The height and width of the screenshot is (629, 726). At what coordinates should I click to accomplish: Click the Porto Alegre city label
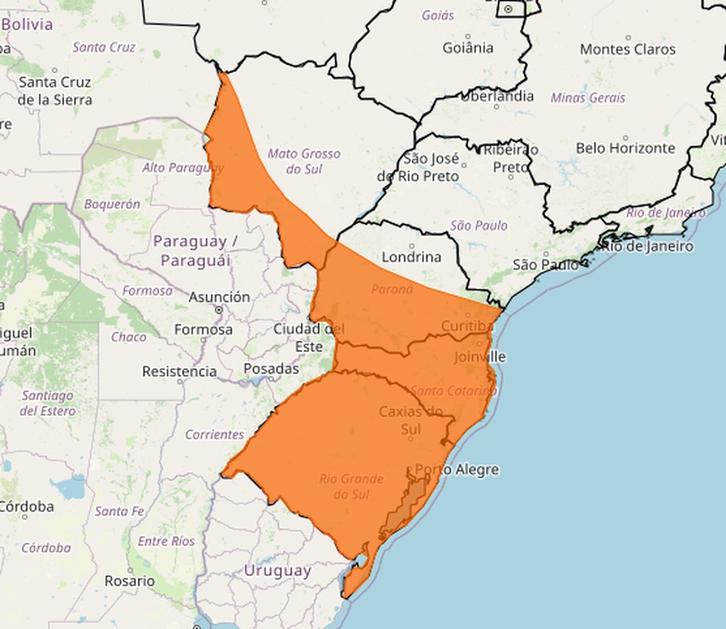(x=457, y=470)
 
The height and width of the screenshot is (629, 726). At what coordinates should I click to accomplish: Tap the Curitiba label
(x=466, y=326)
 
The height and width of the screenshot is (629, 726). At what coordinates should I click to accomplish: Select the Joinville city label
(x=480, y=357)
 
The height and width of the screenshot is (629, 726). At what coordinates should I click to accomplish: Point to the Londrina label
(x=412, y=257)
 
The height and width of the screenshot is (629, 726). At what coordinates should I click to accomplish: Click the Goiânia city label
(x=468, y=48)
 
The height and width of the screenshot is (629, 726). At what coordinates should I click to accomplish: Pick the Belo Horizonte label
(x=626, y=148)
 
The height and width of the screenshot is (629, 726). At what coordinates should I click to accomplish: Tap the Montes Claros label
(x=628, y=49)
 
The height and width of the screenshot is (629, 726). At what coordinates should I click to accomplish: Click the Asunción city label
(x=219, y=297)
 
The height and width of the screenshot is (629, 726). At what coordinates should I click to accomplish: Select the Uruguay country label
(x=277, y=571)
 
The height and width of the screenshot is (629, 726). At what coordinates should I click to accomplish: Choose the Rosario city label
(x=129, y=581)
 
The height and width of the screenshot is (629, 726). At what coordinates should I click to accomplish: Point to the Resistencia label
(x=179, y=372)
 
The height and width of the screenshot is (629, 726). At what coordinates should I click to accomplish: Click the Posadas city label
(x=272, y=368)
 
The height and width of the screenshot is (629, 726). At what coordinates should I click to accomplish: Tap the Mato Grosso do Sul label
(x=304, y=161)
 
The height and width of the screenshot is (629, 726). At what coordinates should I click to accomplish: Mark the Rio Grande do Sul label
(x=351, y=487)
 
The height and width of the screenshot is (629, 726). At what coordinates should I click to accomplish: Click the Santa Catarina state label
(x=454, y=390)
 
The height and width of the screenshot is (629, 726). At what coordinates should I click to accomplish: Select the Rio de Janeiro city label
(x=648, y=246)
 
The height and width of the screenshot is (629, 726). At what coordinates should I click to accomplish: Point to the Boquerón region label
(x=112, y=204)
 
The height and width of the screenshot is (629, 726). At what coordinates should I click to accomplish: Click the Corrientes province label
(x=214, y=434)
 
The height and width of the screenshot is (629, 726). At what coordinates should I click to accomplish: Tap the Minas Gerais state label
(x=588, y=97)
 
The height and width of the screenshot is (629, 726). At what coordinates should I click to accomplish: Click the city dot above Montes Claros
(x=628, y=37)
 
